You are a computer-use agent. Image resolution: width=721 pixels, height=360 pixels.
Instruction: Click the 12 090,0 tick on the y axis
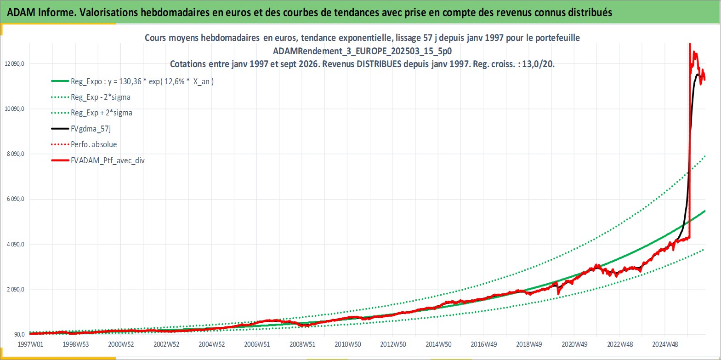coord(15,64)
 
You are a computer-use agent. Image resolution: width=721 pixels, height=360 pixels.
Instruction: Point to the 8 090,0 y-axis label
coord(16,154)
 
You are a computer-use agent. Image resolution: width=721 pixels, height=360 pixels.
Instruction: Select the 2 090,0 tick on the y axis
coord(16,290)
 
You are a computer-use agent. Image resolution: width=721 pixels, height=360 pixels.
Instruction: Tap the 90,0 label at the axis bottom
coord(19,335)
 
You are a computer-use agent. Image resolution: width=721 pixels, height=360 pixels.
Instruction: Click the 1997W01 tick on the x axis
coord(30,344)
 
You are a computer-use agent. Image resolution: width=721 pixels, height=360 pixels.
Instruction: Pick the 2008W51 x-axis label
coord(302,344)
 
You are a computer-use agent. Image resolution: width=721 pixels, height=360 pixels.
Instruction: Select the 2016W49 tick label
coord(484,344)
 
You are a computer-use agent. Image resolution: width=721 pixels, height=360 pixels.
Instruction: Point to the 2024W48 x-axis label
coord(665,344)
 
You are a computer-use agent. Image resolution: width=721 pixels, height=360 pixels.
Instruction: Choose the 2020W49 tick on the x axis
coord(574,344)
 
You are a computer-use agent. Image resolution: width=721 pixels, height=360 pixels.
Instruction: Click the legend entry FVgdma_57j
coord(91,129)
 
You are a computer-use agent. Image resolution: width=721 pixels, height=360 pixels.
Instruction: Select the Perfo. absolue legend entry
coord(94,144)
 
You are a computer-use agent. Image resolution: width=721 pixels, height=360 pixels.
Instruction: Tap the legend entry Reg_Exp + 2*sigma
coord(102,113)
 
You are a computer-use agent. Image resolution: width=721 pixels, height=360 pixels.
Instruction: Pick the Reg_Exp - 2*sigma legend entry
coord(101,97)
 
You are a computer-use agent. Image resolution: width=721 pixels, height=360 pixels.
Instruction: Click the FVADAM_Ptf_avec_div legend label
coord(108,160)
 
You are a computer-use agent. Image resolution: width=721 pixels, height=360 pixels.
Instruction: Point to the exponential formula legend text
coord(142,81)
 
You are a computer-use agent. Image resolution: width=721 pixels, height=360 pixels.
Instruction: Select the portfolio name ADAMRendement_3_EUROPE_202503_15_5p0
coord(363,51)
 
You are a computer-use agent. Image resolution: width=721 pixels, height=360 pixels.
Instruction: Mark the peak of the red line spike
coord(689,44)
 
